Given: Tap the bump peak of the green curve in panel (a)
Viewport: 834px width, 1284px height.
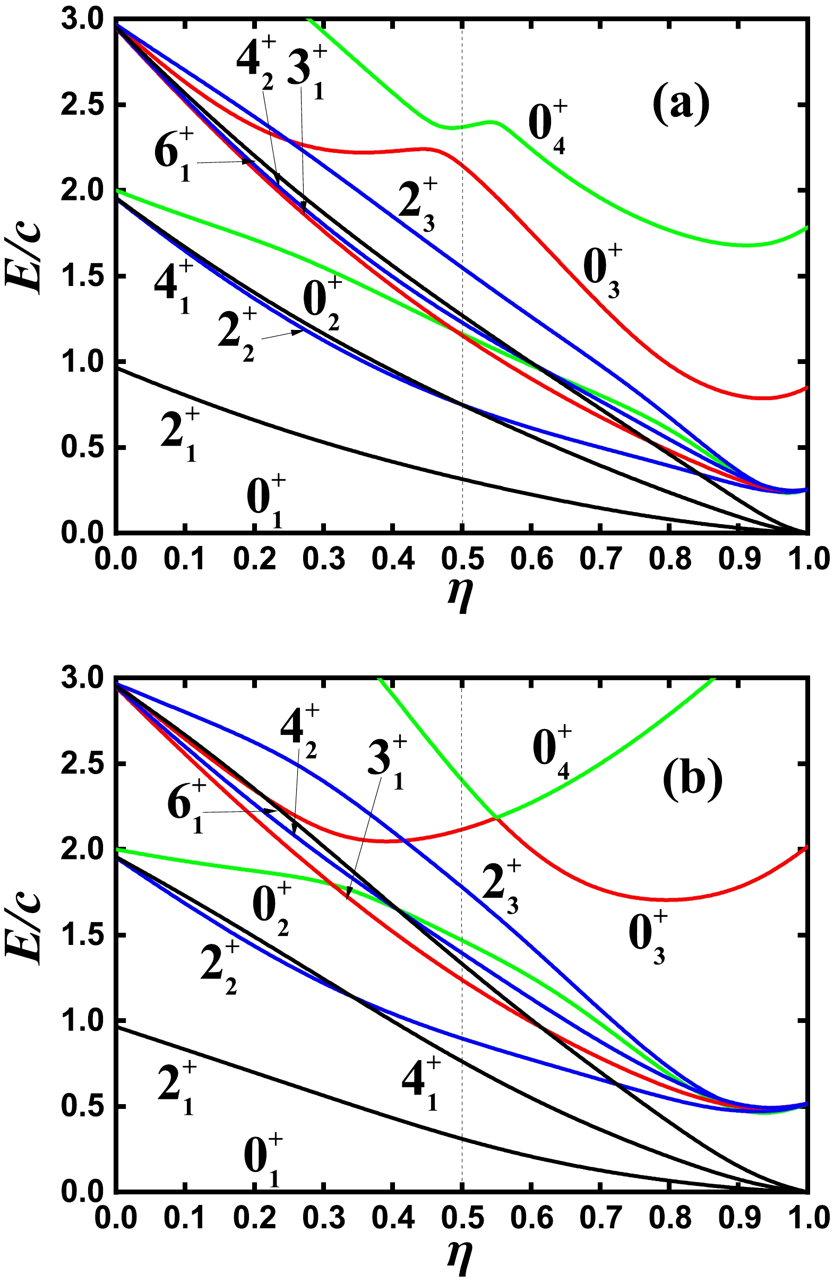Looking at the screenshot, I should point(492,122).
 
